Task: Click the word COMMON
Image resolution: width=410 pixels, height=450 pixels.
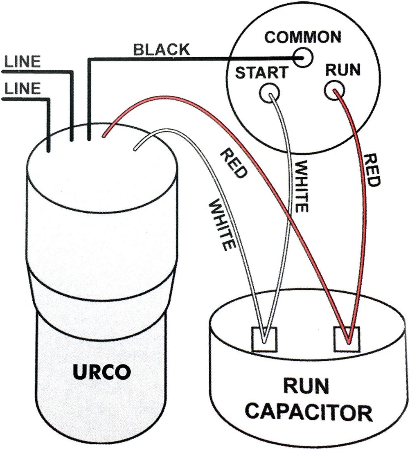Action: (302, 37)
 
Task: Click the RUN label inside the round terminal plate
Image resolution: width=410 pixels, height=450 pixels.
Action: (342, 70)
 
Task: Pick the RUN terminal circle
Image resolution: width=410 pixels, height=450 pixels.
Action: (333, 90)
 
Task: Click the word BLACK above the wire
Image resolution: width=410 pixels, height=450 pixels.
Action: (162, 50)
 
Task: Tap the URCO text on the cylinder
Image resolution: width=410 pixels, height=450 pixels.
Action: (102, 372)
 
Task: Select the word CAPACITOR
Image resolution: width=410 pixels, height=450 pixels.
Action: (310, 413)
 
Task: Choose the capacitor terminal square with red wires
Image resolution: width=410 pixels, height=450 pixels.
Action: (347, 340)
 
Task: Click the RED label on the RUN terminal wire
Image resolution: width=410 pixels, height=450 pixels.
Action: (371, 170)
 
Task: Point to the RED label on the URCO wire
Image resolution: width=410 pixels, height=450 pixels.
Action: (234, 164)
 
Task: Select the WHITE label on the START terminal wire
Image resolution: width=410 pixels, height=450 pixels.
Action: (300, 186)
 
